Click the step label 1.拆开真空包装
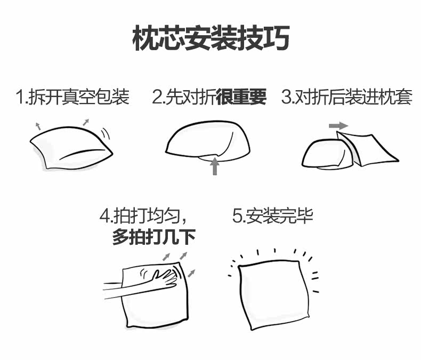[x=72, y=98]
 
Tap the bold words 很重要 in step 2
[x=241, y=98]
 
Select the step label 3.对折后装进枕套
[x=346, y=98]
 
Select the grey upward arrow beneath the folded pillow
[x=215, y=166]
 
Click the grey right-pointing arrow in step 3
[x=338, y=126]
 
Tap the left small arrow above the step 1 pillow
[x=38, y=126]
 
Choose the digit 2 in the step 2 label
[x=157, y=98]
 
